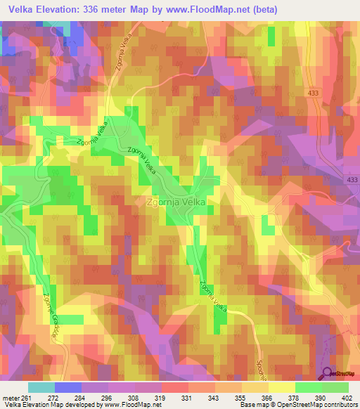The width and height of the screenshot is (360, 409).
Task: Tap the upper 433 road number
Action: [311, 92]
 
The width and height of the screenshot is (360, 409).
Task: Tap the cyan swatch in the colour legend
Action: [41, 387]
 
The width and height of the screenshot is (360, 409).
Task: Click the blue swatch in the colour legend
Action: [67, 387]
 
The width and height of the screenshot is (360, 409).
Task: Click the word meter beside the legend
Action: [12, 398]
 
